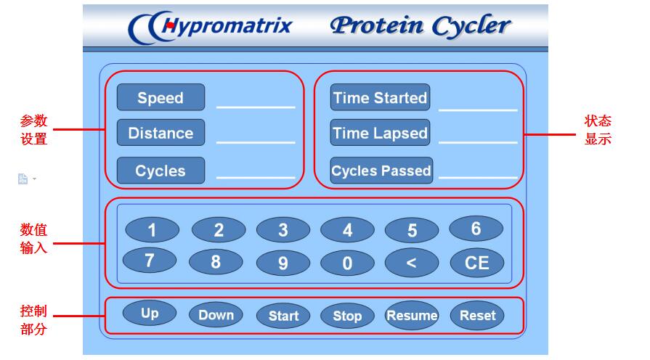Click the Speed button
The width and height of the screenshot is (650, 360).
[x=161, y=97]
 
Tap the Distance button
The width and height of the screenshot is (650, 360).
[x=161, y=133]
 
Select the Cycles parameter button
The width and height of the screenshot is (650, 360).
[x=161, y=171]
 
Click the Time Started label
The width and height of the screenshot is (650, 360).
[x=380, y=97]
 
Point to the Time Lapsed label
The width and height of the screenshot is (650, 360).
[x=380, y=133]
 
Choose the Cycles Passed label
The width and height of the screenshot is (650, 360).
[x=381, y=171]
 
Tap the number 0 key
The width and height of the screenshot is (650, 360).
[x=347, y=263]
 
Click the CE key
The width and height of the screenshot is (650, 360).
[x=477, y=263]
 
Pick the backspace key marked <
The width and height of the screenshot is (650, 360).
[x=412, y=263]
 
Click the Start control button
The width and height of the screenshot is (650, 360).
[x=283, y=316]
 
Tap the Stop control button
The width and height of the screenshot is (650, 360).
[x=347, y=316]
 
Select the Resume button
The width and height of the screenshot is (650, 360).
[x=412, y=315]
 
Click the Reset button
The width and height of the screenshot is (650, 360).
[x=477, y=315]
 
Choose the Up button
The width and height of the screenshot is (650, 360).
[x=150, y=313]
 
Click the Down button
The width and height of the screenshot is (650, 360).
[x=216, y=315]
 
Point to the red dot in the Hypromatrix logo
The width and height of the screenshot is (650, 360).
[x=169, y=25]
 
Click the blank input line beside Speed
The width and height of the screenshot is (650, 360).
[x=256, y=107]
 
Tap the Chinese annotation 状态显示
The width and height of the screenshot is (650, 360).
[x=598, y=130]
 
